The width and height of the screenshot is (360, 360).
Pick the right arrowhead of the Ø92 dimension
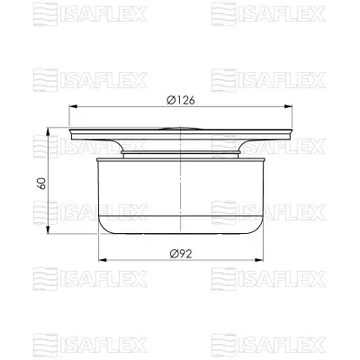pyautogui.click(x=266, y=263)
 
